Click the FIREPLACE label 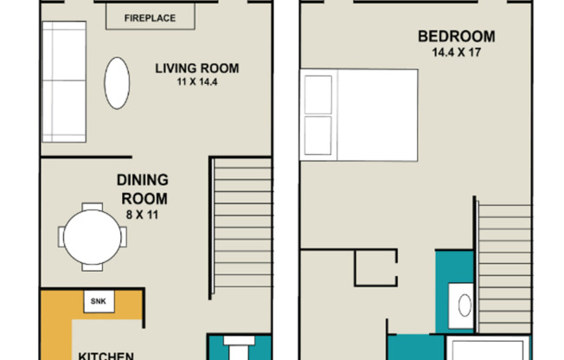[x=150, y=18]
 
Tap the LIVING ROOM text [x=197, y=68]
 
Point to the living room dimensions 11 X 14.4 [x=197, y=81]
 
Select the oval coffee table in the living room [x=117, y=83]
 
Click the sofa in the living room [x=64, y=81]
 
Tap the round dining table [x=92, y=237]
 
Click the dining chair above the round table [x=92, y=207]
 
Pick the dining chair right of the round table [x=123, y=237]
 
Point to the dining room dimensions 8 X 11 [x=142, y=215]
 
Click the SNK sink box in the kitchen [x=99, y=301]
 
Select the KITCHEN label [x=106, y=356]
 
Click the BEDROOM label [x=457, y=36]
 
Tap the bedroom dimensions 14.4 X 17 [x=457, y=53]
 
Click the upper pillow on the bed [x=318, y=94]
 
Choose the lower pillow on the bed [x=318, y=135]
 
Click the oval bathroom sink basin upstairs [x=465, y=305]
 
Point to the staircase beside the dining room [x=241, y=228]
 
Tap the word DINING [x=143, y=180]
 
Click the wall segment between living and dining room [x=87, y=157]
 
